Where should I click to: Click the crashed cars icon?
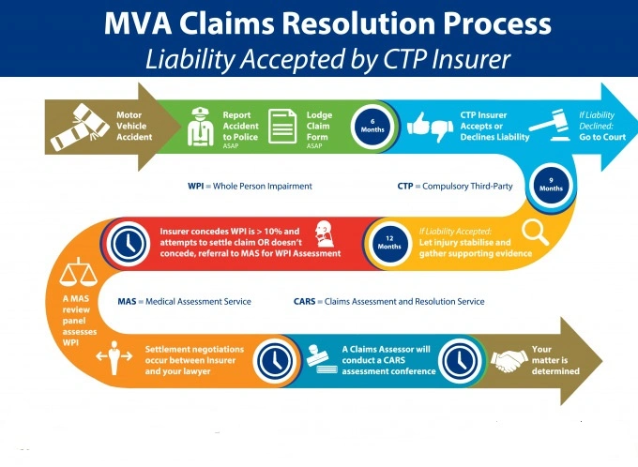[80, 127]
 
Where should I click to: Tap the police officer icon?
[201, 127]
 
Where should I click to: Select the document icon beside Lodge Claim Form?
[282, 126]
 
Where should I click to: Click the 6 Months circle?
[372, 126]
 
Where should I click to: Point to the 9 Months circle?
[551, 185]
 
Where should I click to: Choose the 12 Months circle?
[389, 243]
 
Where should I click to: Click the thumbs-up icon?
[418, 124]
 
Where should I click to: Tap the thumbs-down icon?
[442, 129]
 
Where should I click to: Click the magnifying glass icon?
[535, 232]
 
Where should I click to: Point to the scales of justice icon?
[79, 271]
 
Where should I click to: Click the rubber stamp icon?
[322, 359]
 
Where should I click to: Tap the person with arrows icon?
[114, 357]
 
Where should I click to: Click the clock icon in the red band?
[129, 244]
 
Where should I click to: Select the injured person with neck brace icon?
[325, 233]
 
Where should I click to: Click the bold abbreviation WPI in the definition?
[196, 187]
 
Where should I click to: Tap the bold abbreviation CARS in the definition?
[304, 302]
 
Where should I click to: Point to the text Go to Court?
[602, 137]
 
